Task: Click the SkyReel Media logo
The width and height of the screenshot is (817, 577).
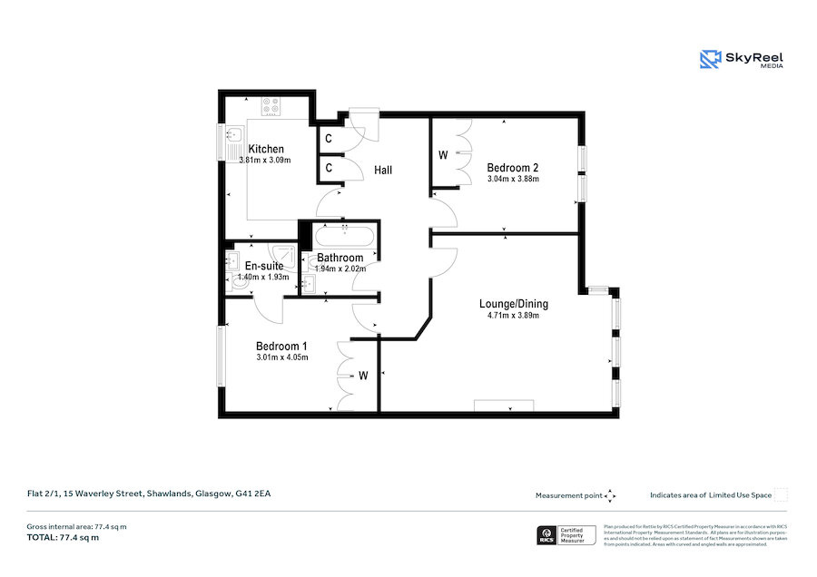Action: pos(742,59)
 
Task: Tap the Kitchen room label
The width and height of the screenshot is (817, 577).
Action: pos(266,150)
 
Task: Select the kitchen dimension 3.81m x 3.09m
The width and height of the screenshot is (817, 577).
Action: pos(262,161)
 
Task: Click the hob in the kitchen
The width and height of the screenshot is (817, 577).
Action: pos(271,107)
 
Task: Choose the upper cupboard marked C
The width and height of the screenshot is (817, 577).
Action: pos(328,139)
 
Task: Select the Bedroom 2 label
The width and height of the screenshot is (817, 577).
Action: pos(513,168)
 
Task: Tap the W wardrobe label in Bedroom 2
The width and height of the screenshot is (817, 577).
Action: pos(443,154)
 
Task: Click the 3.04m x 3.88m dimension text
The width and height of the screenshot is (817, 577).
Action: pos(513,179)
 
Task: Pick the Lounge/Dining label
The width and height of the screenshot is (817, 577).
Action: pos(514,304)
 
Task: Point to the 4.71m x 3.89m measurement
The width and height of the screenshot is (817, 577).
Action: pos(513,316)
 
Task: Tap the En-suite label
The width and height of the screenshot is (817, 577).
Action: pos(263,266)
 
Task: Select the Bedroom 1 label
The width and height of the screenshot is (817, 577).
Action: pos(281,346)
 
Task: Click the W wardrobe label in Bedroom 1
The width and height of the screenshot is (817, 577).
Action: pos(362,375)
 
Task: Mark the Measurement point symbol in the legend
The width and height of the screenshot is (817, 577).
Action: pos(610,495)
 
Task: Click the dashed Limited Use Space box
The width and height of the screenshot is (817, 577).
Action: pos(781,494)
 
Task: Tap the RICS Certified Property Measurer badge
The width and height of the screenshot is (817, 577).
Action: pos(566,535)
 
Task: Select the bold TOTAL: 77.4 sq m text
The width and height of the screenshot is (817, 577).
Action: pos(63,538)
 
